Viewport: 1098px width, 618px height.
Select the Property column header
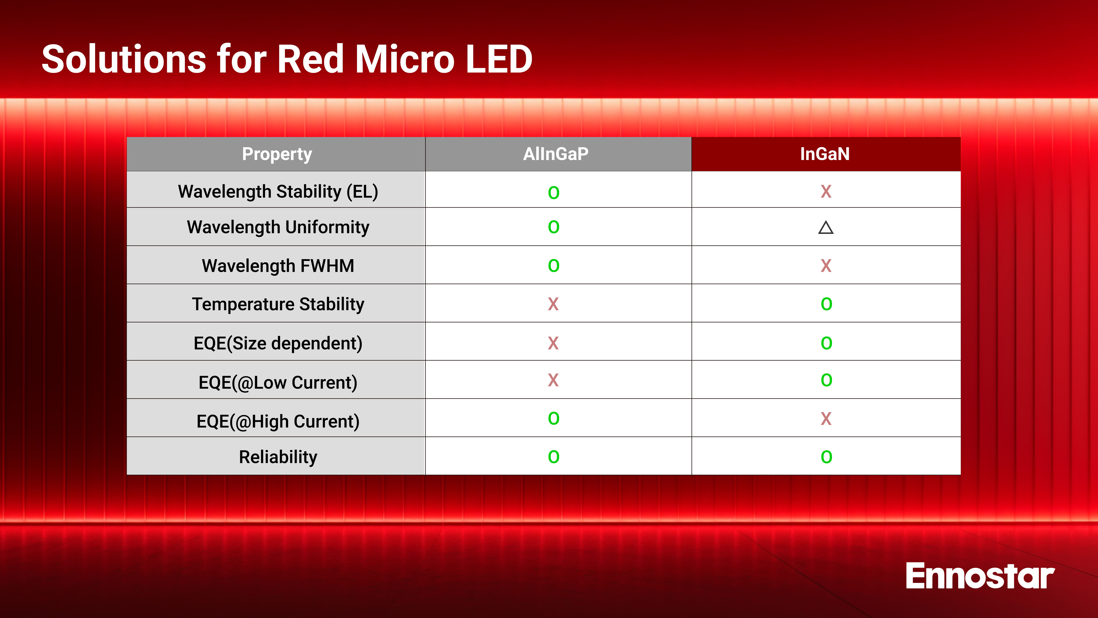coord(277,154)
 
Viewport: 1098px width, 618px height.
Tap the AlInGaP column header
coord(556,154)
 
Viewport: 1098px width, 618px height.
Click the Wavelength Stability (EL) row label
coord(278,191)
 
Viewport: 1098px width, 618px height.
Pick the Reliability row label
coord(278,457)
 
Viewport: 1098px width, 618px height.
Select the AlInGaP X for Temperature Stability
coord(553,304)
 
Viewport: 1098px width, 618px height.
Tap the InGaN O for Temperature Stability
coord(826,304)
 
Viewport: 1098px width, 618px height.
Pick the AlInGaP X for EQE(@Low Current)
coord(553,380)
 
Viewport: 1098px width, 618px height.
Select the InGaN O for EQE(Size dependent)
coord(826,343)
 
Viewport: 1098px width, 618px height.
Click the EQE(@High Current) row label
coord(278,421)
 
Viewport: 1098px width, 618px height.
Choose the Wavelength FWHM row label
coord(278,266)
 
